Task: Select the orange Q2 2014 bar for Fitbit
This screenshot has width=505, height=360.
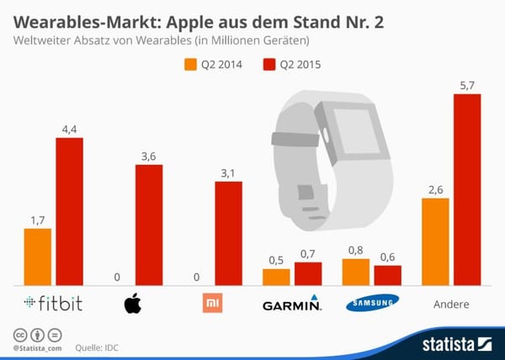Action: pos(38,257)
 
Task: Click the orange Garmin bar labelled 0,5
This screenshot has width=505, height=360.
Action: pos(276,277)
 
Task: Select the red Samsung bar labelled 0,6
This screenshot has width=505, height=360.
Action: pos(388,276)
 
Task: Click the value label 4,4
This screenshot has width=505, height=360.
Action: pos(69,128)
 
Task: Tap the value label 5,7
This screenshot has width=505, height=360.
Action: pos(467,85)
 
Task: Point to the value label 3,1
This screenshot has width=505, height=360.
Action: pos(228,172)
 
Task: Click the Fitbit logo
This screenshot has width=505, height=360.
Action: pos(53,304)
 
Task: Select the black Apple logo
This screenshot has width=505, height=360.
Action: pos(132,303)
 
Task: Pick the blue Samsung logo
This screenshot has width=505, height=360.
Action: pos(371,304)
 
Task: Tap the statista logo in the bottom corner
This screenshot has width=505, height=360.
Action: pos(454,342)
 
